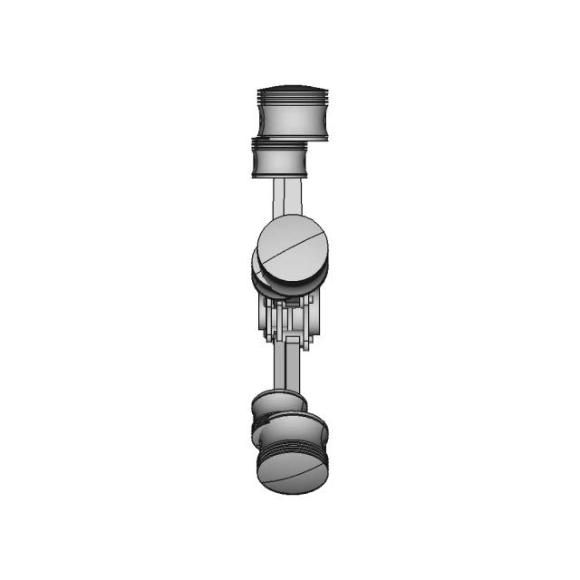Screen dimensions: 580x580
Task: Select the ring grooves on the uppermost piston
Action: (x=290, y=97)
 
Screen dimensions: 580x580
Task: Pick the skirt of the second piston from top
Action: (x=281, y=163)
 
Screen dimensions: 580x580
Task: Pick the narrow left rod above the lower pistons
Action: (x=276, y=367)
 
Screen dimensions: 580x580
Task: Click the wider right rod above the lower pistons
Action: (x=292, y=367)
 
